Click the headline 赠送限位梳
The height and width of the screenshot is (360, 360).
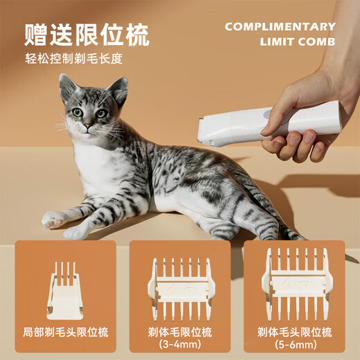[87, 34]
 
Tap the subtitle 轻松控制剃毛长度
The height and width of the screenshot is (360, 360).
[74, 59]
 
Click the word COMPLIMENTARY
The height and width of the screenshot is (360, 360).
[280, 27]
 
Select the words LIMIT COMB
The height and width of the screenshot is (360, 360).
[298, 42]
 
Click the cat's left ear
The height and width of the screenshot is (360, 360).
[67, 87]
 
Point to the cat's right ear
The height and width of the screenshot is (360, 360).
[118, 89]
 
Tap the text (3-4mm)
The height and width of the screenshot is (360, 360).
[179, 345]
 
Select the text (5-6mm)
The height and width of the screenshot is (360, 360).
[294, 345]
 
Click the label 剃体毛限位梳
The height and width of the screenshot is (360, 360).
[179, 332]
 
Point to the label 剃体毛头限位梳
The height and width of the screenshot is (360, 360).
[294, 332]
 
